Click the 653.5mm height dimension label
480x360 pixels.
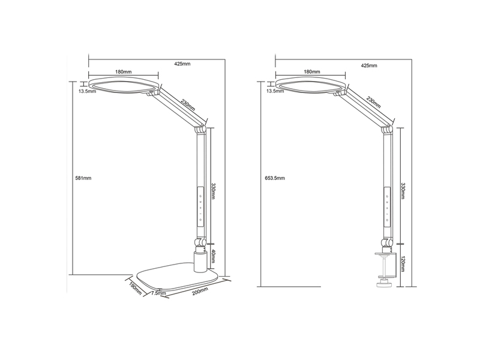pos(274,178)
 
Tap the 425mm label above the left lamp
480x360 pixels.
pos(182,64)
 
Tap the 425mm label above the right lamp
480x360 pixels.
pos(368,64)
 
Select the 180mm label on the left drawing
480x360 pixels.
pos(124,71)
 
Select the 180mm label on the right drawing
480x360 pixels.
pos(311,71)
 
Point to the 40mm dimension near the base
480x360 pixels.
pos(214,259)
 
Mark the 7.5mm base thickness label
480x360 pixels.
pos(158,293)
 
